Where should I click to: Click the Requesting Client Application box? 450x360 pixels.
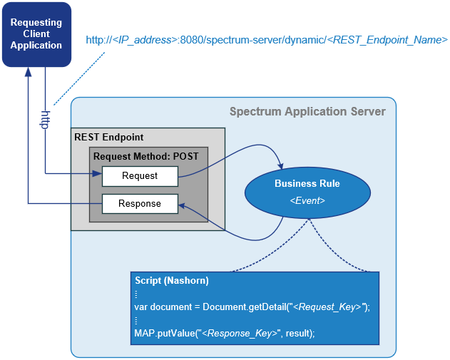(36, 34)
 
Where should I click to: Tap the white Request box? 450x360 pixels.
(140, 176)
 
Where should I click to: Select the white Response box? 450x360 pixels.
(140, 204)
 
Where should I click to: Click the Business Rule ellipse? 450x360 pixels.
(307, 192)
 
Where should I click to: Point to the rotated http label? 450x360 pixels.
(45, 120)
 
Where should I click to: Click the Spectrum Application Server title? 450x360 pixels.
(307, 112)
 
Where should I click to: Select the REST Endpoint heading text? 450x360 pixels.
(109, 137)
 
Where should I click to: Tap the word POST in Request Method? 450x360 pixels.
(185, 156)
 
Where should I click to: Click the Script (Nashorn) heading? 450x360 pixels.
(172, 281)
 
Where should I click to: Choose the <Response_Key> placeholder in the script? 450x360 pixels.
(240, 334)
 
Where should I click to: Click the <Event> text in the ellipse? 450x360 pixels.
(307, 200)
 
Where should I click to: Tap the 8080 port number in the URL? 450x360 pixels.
(192, 40)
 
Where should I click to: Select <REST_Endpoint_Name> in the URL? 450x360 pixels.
(387, 40)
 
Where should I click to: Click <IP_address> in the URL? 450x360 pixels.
(145, 40)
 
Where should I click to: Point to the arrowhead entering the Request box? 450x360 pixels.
(97, 173)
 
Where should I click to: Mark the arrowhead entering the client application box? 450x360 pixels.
(28, 72)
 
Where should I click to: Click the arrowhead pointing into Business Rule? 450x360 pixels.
(280, 166)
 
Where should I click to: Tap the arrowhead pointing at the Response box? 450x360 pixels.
(183, 205)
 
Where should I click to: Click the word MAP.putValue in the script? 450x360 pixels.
(165, 334)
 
